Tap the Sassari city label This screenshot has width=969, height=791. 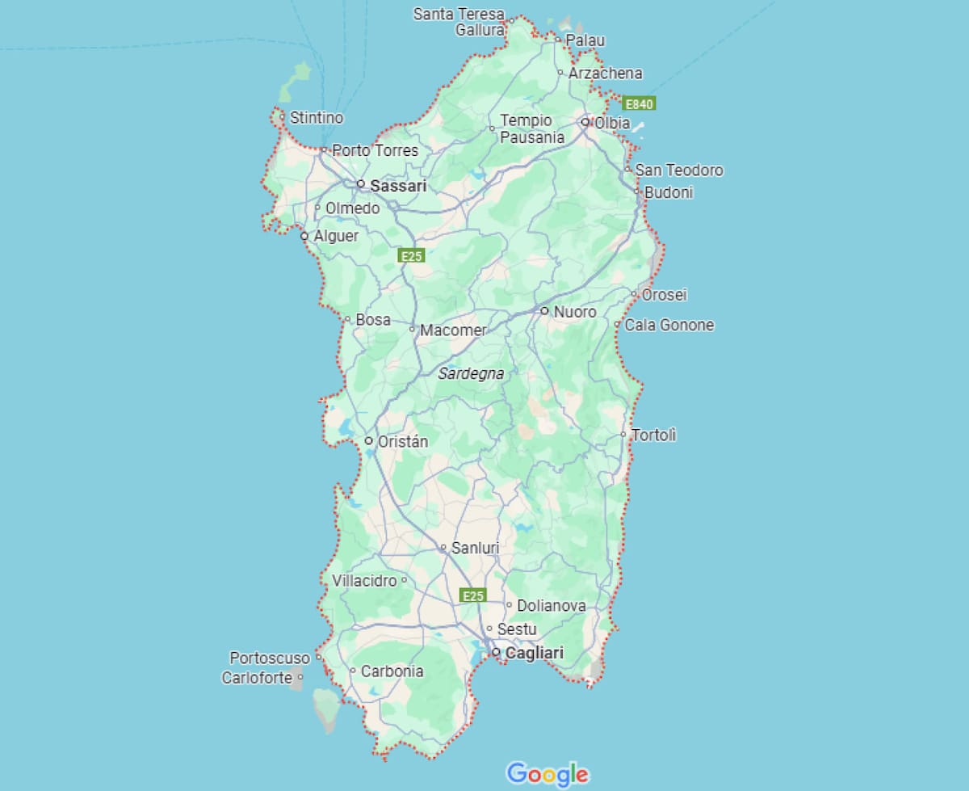pyautogui.click(x=398, y=186)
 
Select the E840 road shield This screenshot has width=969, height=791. pyautogui.click(x=639, y=103)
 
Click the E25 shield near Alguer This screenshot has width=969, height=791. pyautogui.click(x=412, y=256)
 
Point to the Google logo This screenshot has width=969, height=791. pyautogui.click(x=547, y=773)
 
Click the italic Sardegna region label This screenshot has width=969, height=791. pyautogui.click(x=471, y=374)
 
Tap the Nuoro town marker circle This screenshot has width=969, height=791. pyautogui.click(x=544, y=310)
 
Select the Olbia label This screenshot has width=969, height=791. pyautogui.click(x=612, y=123)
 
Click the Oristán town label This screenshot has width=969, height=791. pyautogui.click(x=403, y=441)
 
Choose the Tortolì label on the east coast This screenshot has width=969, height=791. pyautogui.click(x=654, y=435)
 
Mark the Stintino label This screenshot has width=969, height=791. pyautogui.click(x=317, y=118)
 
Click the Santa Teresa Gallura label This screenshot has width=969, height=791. pyautogui.click(x=459, y=22)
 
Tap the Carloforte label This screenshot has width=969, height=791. pyautogui.click(x=257, y=678)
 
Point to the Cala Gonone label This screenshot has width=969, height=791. pyautogui.click(x=669, y=325)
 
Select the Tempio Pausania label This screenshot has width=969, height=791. pyautogui.click(x=531, y=128)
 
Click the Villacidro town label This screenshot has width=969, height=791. pyautogui.click(x=364, y=580)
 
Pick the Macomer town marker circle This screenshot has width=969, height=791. pyautogui.click(x=413, y=329)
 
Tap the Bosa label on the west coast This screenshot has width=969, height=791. pyautogui.click(x=373, y=320)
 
